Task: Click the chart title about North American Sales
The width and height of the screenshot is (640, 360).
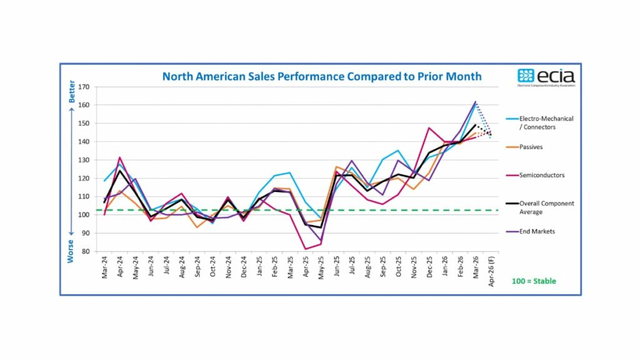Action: point(322,76)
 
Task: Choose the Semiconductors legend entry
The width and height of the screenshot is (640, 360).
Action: point(542,175)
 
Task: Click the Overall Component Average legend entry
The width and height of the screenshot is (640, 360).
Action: point(546,207)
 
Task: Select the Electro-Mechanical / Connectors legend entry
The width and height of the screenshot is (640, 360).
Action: point(546,122)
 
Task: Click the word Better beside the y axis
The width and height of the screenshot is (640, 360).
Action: point(72,92)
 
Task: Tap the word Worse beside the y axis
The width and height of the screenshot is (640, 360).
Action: point(72,251)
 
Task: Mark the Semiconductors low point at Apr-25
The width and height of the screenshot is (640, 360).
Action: point(306,249)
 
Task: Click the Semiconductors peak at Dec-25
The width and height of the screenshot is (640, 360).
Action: point(429,127)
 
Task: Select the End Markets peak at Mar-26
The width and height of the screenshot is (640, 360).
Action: point(476,102)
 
